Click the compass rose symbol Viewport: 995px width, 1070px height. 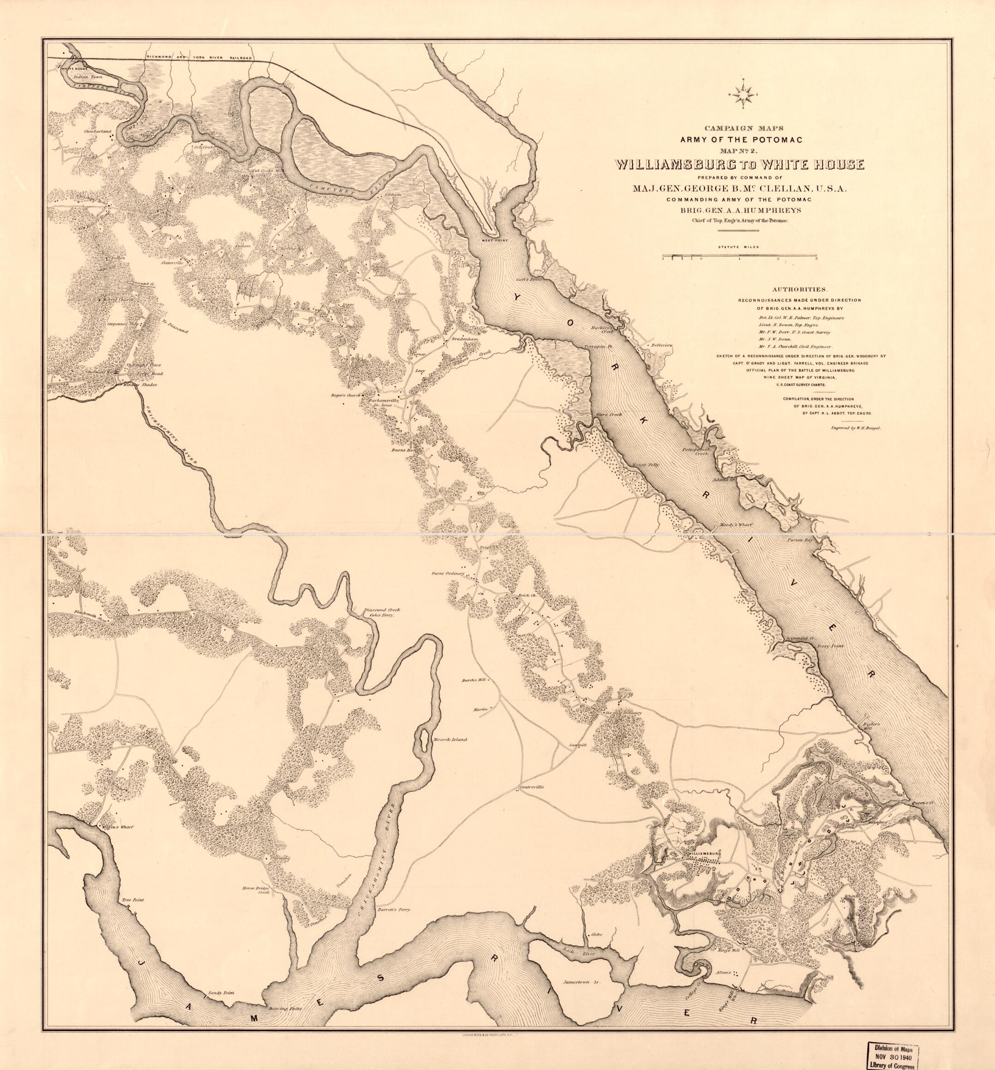pos(743,95)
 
